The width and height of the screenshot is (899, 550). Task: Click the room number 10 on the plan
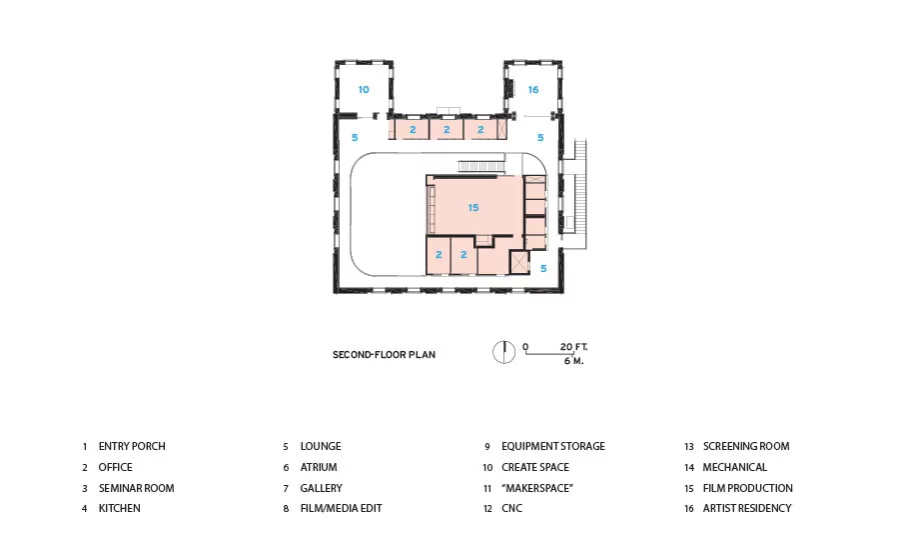tap(364, 90)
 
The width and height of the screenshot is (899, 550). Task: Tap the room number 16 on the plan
tap(533, 90)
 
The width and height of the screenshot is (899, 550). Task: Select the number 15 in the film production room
tap(473, 208)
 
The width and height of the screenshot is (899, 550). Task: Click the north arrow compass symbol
tap(504, 352)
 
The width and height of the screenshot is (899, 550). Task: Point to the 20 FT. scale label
tap(573, 347)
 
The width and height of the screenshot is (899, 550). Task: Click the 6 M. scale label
tap(573, 361)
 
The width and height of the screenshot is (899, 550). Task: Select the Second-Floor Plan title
tap(385, 355)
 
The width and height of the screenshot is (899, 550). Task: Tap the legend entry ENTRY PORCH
tap(132, 446)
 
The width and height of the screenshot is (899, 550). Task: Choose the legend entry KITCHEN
tap(119, 508)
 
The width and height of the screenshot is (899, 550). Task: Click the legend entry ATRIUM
tap(319, 467)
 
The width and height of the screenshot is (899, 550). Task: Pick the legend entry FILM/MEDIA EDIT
tap(342, 508)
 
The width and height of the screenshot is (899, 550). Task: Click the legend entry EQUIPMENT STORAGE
tap(553, 446)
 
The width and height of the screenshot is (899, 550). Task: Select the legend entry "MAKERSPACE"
tap(537, 488)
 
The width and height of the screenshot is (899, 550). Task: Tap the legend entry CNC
tap(512, 508)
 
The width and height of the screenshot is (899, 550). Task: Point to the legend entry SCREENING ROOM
tap(746, 446)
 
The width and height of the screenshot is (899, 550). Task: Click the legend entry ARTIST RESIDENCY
tap(747, 508)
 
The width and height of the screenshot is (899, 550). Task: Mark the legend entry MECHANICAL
tap(735, 467)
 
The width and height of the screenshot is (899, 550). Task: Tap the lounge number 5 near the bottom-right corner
tap(543, 269)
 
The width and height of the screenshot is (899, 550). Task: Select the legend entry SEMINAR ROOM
tap(137, 488)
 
